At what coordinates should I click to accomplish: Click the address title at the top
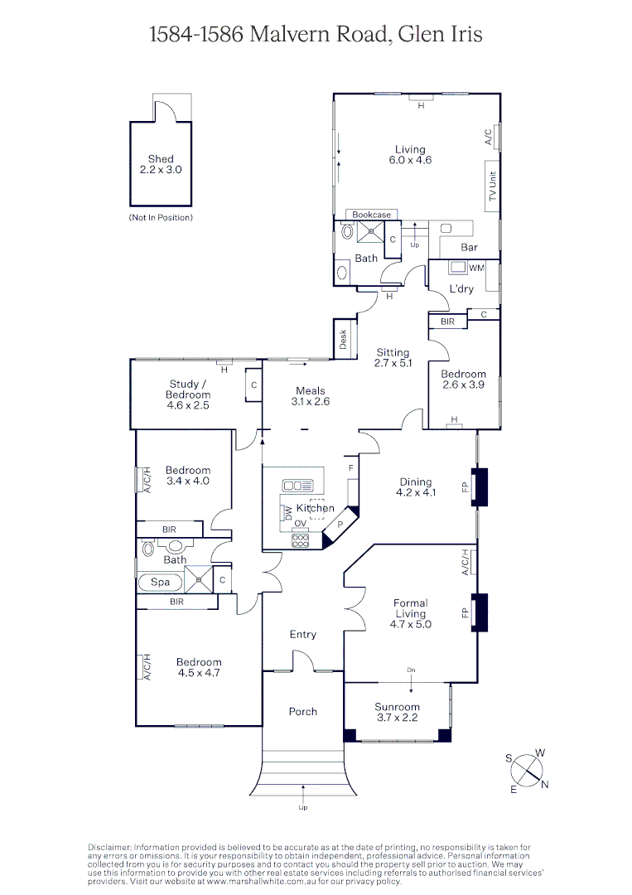[316, 34]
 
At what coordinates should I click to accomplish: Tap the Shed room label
[161, 164]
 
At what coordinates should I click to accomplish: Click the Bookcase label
[371, 215]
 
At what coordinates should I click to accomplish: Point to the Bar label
[469, 248]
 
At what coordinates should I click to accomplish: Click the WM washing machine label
[476, 268]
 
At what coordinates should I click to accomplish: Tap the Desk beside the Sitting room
[343, 340]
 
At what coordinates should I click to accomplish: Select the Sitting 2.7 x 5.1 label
[393, 357]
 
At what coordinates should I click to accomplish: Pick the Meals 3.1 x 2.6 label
[311, 396]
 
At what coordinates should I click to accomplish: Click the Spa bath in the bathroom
[160, 583]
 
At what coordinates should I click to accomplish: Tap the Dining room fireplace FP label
[465, 486]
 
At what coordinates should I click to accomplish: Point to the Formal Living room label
[410, 608]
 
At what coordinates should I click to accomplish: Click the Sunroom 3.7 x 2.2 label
[398, 712]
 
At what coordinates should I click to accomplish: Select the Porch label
[302, 711]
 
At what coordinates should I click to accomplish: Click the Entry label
[302, 634]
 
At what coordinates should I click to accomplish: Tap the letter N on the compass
[544, 785]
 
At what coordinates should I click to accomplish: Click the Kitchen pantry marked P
[339, 525]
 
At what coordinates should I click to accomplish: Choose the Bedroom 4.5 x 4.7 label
[199, 667]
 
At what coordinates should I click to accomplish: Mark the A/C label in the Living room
[489, 136]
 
